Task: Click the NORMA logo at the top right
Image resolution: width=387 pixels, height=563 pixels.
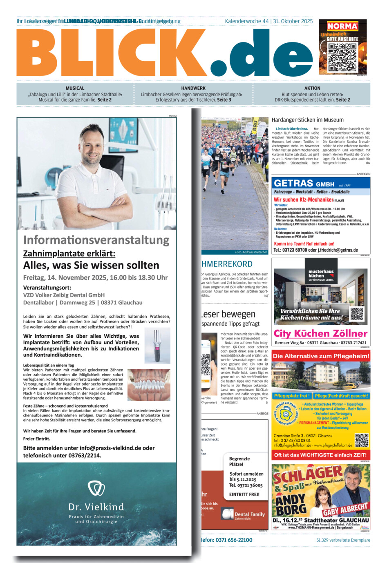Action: pyautogui.click(x=342, y=26)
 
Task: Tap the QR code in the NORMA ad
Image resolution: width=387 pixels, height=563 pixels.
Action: pyautogui.click(x=342, y=57)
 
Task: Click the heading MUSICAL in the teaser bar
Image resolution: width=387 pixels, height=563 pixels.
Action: pyautogui.click(x=75, y=88)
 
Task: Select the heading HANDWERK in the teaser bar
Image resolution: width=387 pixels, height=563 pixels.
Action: pyautogui.click(x=193, y=88)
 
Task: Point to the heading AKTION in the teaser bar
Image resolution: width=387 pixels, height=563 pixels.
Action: pyautogui.click(x=312, y=88)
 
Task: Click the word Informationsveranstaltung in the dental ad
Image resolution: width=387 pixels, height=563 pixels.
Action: pyautogui.click(x=96, y=240)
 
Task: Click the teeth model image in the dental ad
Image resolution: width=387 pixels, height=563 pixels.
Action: pyautogui.click(x=149, y=385)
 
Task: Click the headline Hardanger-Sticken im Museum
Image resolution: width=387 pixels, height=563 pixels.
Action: pyautogui.click(x=307, y=120)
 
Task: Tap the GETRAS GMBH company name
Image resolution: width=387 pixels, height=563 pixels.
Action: pyautogui.click(x=304, y=184)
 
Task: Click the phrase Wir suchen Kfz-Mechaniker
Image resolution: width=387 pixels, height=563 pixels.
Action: pyautogui.click(x=304, y=200)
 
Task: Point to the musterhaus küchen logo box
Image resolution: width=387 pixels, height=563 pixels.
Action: pyautogui.click(x=321, y=275)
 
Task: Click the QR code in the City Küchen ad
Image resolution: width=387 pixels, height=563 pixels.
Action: pyautogui.click(x=356, y=314)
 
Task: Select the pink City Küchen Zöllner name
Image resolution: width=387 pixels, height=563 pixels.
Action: pyautogui.click(x=320, y=333)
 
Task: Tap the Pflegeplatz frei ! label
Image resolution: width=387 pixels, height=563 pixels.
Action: pyautogui.click(x=292, y=396)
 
